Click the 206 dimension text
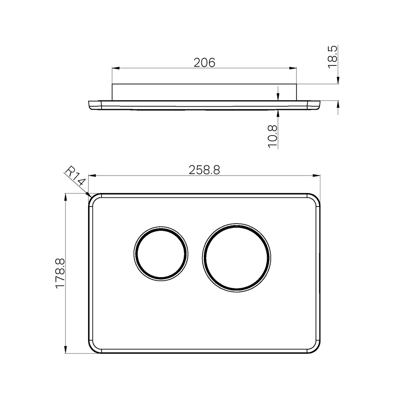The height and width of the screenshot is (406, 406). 204,63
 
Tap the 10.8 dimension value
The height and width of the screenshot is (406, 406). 272,136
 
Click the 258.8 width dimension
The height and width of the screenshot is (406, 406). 204,170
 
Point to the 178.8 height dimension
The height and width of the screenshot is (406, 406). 60,274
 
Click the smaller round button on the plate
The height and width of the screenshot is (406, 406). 161,254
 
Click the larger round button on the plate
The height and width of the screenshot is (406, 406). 237,258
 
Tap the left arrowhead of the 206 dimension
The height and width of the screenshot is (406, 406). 116,68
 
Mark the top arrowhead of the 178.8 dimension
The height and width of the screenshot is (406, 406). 66,197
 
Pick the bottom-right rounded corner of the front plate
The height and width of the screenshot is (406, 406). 316,349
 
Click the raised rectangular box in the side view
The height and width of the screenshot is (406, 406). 204,92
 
